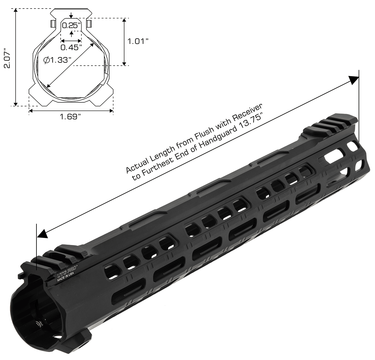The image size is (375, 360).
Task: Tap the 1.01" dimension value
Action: (138, 41)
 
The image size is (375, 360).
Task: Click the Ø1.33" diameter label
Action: (56, 60)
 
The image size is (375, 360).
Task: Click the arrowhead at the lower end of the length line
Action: (43, 234)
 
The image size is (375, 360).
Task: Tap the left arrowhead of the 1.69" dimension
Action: (31, 111)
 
